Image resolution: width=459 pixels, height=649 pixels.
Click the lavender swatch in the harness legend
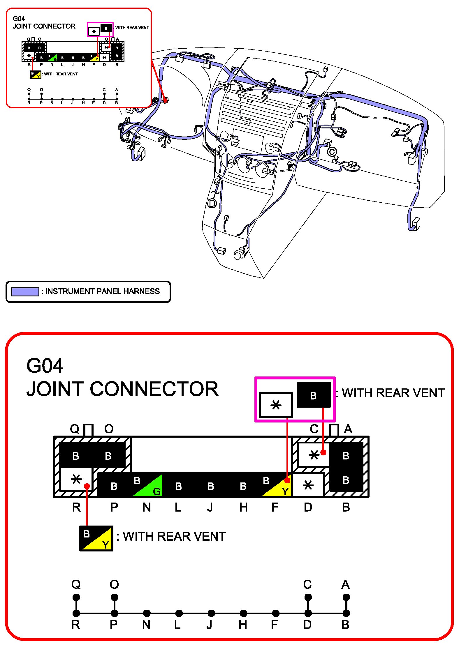(x=25, y=292)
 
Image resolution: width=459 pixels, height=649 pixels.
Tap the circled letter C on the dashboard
(x=332, y=152)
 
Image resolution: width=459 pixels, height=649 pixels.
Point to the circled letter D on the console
(x=212, y=203)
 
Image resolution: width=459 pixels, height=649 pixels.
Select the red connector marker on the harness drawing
(x=166, y=100)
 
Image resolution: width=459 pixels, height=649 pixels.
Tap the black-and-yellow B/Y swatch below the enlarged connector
(x=96, y=538)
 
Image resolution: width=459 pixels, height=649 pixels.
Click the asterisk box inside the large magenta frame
(x=276, y=405)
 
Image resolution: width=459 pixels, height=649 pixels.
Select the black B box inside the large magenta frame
(x=314, y=395)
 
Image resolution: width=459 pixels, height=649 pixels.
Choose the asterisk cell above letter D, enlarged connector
(x=308, y=485)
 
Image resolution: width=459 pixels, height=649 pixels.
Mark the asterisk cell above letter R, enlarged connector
(x=76, y=479)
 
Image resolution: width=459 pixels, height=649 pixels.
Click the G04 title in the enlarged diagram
(x=45, y=366)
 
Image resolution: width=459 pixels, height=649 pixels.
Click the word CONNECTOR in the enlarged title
(x=154, y=389)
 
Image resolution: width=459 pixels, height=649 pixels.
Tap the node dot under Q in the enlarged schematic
(x=76, y=597)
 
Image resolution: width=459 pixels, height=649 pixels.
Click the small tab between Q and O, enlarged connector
(x=89, y=430)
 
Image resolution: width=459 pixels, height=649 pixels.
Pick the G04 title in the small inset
(x=19, y=19)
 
